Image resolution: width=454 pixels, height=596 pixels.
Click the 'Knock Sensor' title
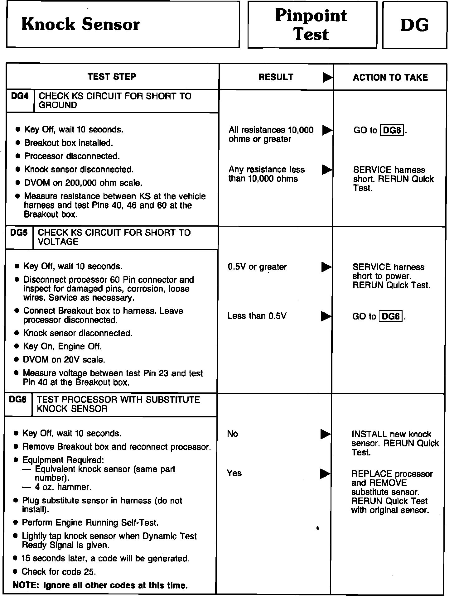(x=80, y=24)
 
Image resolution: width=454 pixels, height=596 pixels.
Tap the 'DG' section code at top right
(x=414, y=25)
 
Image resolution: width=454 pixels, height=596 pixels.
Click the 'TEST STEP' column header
(x=112, y=77)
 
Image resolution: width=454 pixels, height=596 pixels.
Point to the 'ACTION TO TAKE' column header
(x=390, y=77)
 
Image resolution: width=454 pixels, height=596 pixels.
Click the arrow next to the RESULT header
(x=327, y=77)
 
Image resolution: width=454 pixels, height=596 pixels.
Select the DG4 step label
(x=20, y=96)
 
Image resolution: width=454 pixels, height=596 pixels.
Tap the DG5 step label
(x=19, y=233)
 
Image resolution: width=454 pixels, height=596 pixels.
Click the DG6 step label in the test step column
(x=18, y=400)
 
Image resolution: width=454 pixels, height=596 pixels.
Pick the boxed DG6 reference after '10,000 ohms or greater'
(x=392, y=130)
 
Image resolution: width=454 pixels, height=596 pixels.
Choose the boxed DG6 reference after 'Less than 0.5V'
(x=391, y=317)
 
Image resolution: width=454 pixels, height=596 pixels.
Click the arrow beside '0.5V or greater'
(x=326, y=267)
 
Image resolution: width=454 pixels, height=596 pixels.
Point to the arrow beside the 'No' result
(x=326, y=434)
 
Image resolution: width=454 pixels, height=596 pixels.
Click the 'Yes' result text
(x=234, y=473)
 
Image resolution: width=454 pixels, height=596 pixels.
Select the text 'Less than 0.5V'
(x=257, y=316)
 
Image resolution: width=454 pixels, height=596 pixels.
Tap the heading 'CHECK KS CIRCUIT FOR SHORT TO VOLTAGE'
(x=114, y=237)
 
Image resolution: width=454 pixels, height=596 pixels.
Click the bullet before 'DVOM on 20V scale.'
(x=17, y=360)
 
